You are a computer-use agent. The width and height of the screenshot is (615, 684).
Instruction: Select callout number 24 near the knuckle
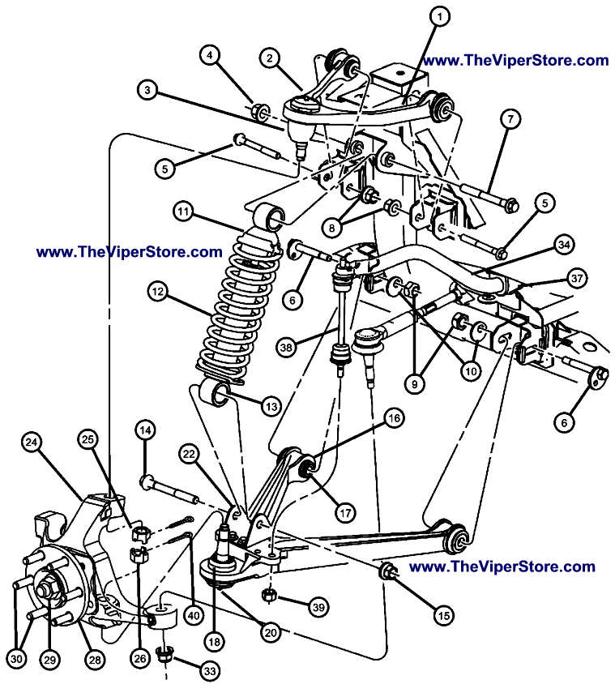[x=32, y=442]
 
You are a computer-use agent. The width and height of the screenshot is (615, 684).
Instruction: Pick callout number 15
[x=442, y=616]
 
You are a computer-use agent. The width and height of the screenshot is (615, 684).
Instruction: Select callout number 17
[x=345, y=512]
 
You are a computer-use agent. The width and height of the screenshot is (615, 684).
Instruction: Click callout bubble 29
[x=50, y=660]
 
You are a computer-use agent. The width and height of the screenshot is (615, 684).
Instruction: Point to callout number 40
[x=193, y=615]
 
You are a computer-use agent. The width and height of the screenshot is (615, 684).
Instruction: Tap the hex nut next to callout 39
[x=269, y=597]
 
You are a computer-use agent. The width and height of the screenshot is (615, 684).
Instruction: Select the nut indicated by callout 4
[x=259, y=111]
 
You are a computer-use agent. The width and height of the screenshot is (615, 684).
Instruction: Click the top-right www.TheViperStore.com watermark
[x=515, y=61]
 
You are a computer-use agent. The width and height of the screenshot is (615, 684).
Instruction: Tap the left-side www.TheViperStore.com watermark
[x=129, y=252]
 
